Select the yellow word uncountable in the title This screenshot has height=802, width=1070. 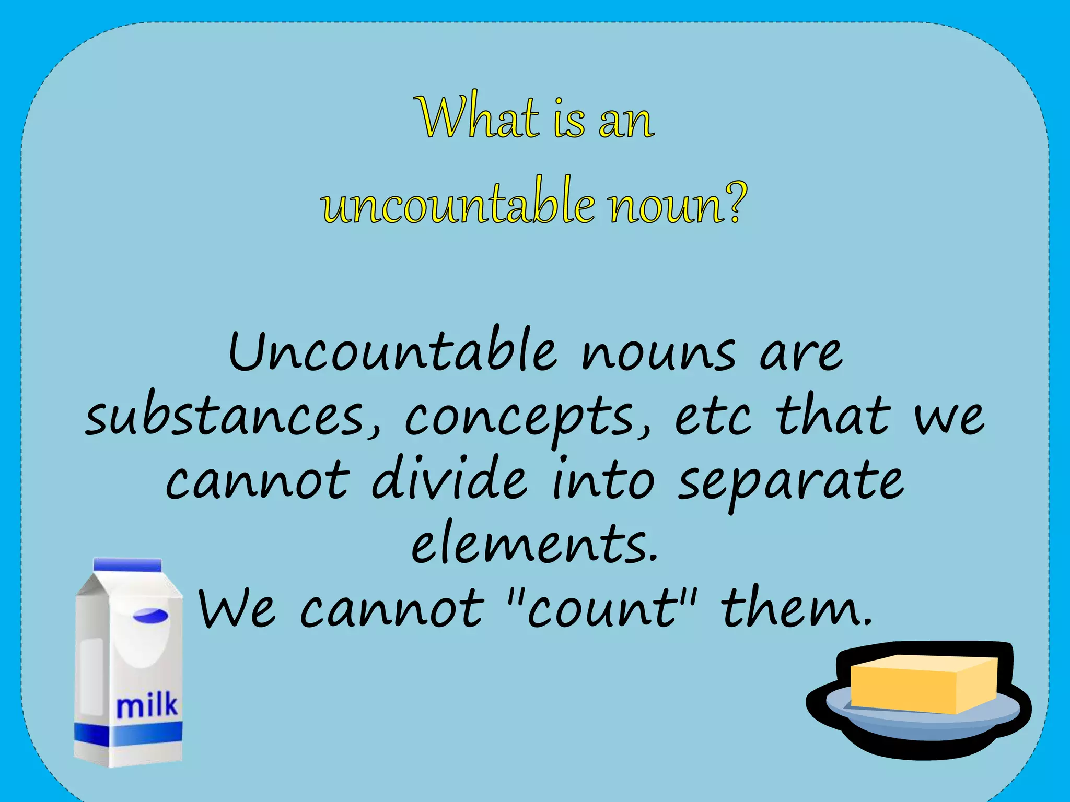tap(458, 204)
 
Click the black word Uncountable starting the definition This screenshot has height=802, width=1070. tap(392, 351)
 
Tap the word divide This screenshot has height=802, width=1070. tap(449, 478)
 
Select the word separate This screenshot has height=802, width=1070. tap(790, 480)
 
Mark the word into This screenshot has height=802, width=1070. tap(603, 478)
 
